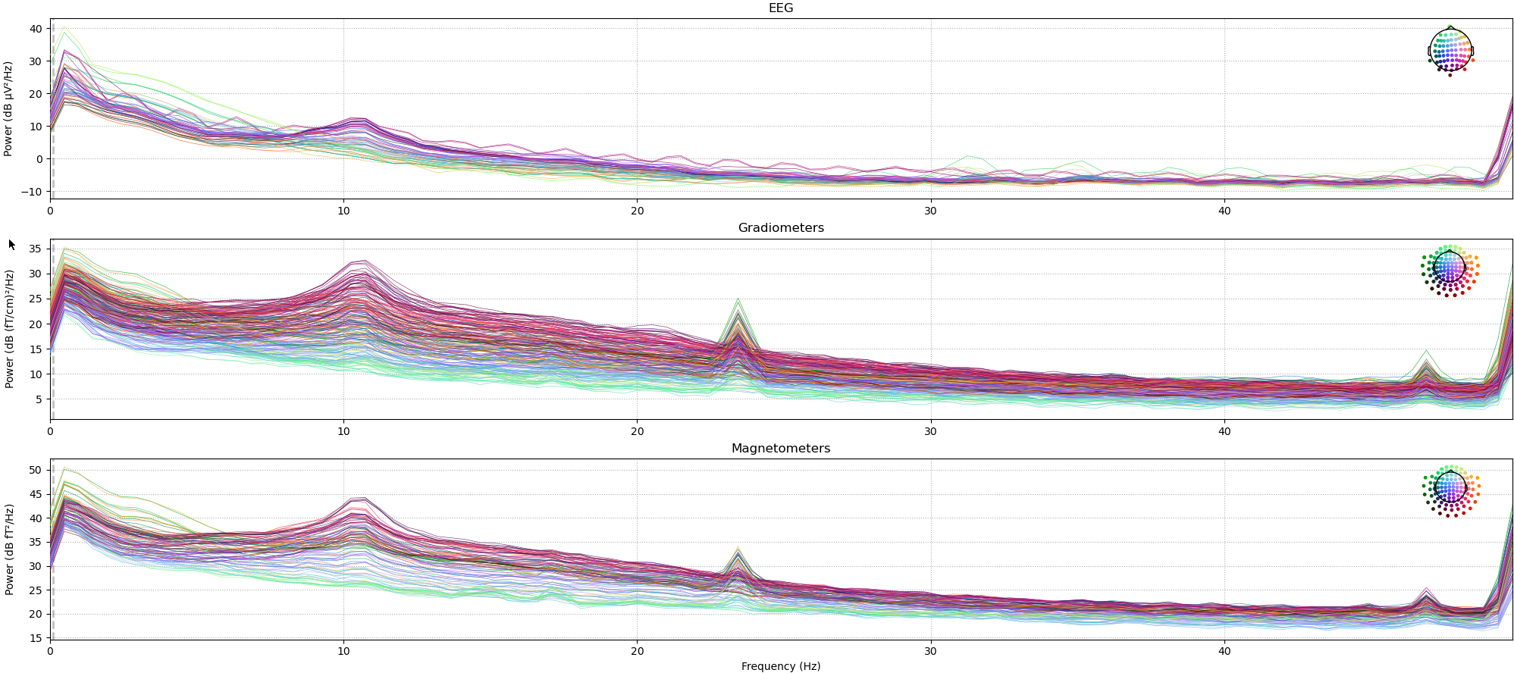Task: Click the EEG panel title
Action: point(780,8)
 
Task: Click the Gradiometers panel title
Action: point(780,228)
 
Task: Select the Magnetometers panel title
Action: point(780,449)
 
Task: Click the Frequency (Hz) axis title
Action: point(780,666)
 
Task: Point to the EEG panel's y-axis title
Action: point(8,109)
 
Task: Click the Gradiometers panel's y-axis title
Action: point(9,329)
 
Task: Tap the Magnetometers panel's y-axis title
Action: point(9,549)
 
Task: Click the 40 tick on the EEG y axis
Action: point(36,29)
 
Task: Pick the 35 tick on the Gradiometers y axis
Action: point(35,249)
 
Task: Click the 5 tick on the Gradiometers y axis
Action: point(38,399)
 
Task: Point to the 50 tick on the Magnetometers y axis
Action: point(35,470)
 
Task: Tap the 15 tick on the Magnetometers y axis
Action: point(35,638)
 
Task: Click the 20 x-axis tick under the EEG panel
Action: point(637,211)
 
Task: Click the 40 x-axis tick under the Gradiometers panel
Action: point(1224,431)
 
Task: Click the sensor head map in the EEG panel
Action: point(1450,52)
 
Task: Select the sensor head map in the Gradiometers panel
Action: point(1450,270)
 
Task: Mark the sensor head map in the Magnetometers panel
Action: point(1450,490)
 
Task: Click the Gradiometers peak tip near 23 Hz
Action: point(738,299)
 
